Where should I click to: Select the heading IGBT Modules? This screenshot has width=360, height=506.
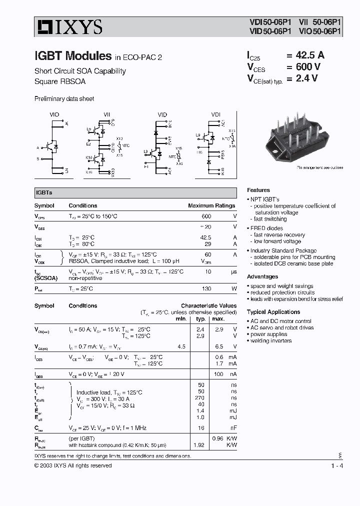73,56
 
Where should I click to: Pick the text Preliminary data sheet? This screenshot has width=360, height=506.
64,99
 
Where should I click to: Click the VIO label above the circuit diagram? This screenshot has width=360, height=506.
54,114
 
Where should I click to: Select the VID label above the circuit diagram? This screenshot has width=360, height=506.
162,114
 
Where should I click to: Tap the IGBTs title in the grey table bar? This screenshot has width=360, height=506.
44,192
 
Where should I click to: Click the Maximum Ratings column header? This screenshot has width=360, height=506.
211,205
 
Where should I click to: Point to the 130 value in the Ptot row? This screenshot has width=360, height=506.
206,288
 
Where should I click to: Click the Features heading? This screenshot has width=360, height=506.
258,190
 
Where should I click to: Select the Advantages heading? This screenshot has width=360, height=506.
262,276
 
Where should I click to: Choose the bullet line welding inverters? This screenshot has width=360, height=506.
271,340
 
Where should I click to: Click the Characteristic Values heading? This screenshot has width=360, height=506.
209,305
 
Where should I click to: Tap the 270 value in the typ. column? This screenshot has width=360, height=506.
200,398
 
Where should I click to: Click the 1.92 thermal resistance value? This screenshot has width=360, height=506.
199,444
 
